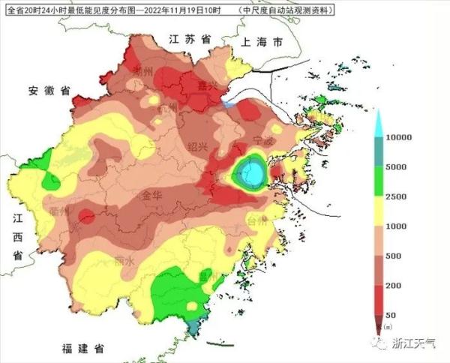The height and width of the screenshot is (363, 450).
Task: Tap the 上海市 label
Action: (x=257, y=43)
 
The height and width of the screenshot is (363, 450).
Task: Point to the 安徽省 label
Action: (x=49, y=91)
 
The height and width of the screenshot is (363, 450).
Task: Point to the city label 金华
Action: (x=153, y=195)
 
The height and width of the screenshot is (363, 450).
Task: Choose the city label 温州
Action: (x=208, y=275)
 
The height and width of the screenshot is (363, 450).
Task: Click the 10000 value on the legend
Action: (x=399, y=138)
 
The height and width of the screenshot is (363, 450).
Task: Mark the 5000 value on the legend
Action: (x=396, y=167)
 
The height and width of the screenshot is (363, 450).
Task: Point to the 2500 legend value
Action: (x=396, y=197)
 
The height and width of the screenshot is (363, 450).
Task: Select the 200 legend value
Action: (x=394, y=286)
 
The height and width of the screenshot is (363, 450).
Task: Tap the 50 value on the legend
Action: (x=391, y=315)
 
